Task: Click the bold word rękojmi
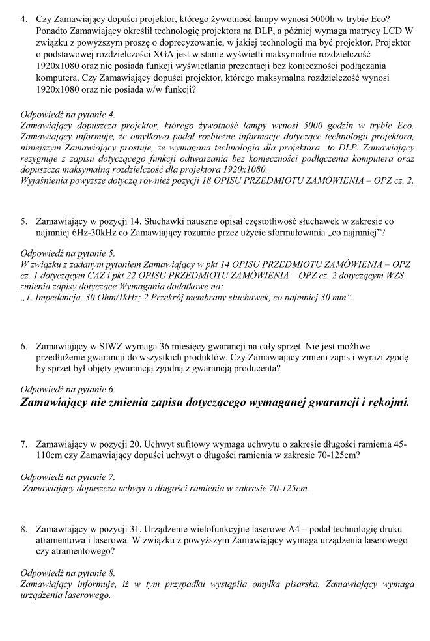pos(385,402)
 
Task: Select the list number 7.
pos(24,444)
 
